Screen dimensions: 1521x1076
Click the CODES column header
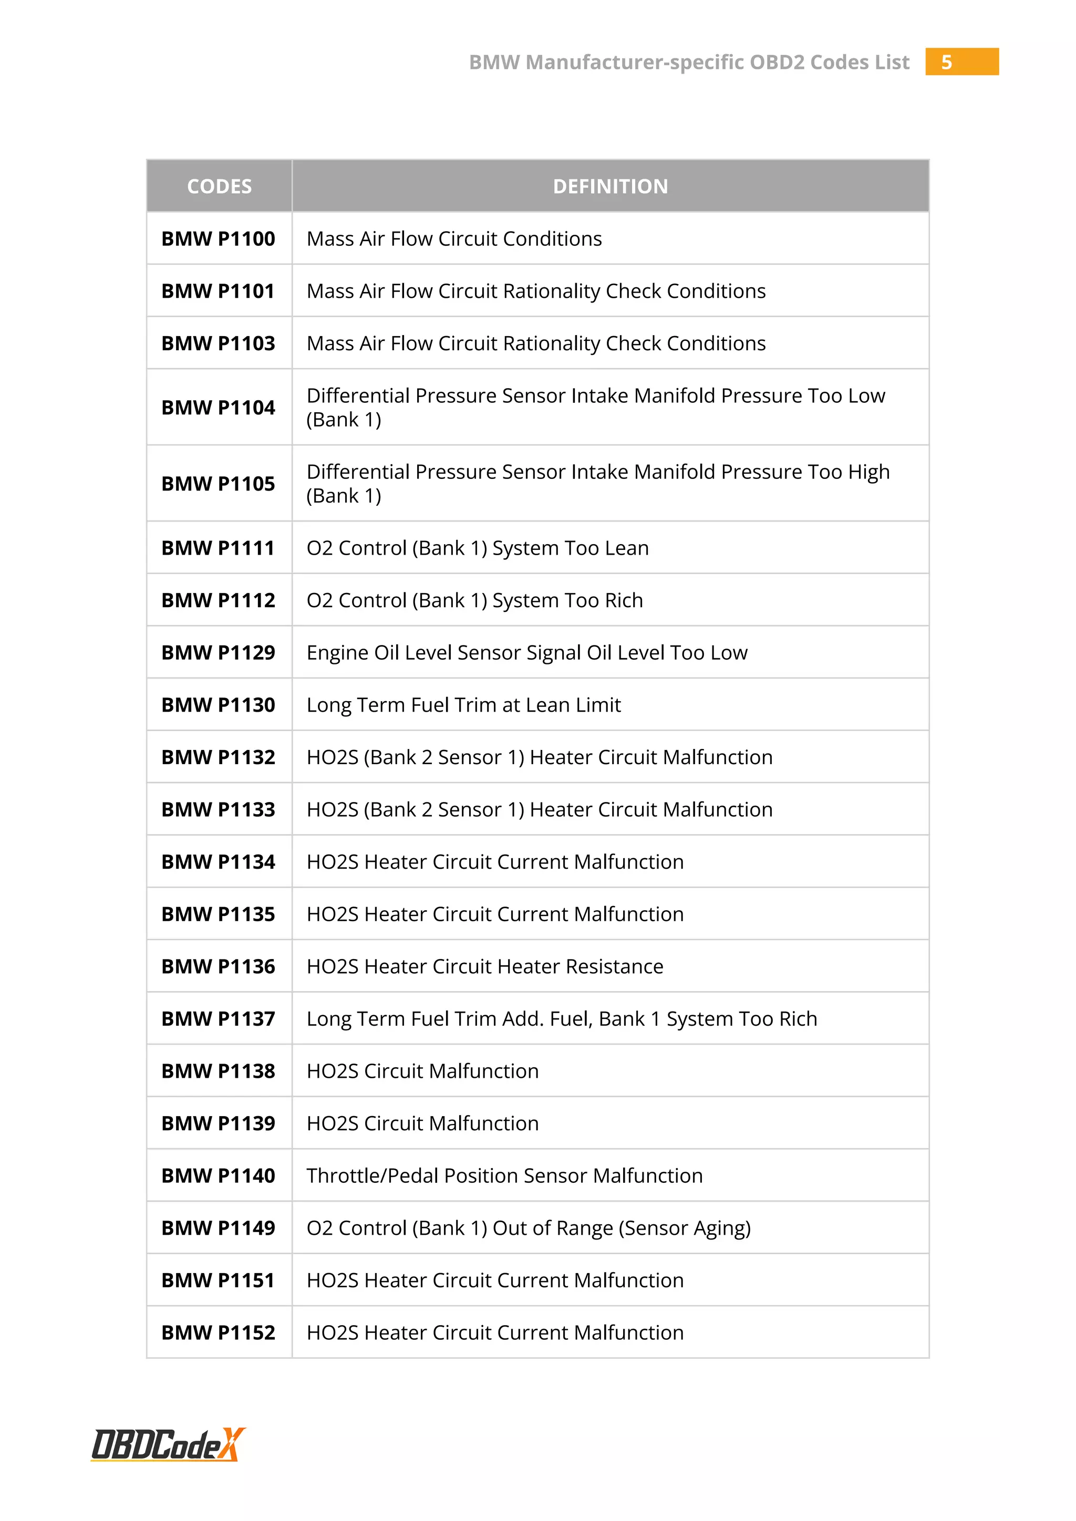click(219, 186)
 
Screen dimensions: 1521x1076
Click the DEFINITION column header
click(610, 186)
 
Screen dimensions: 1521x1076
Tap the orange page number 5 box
click(961, 61)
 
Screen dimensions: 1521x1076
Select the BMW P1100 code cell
click(218, 238)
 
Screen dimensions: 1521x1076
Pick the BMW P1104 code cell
click(218, 408)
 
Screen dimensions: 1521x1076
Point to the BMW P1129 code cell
click(218, 652)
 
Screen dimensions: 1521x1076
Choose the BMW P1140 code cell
click(218, 1175)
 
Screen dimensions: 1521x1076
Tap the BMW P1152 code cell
click(218, 1332)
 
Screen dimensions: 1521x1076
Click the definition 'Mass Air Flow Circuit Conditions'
click(454, 238)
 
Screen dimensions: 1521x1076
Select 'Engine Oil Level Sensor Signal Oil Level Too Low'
click(527, 652)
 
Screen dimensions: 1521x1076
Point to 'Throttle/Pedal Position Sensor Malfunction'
click(504, 1175)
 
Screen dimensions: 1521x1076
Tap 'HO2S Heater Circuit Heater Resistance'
click(484, 966)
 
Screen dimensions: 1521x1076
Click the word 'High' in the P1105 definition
click(868, 472)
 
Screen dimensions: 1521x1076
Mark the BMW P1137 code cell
click(218, 1019)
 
